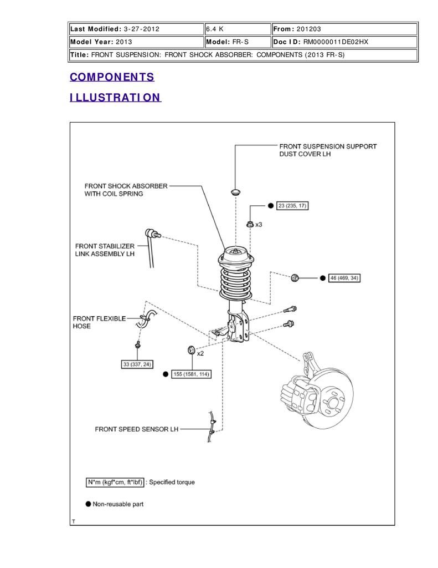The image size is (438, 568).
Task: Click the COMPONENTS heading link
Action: (112, 77)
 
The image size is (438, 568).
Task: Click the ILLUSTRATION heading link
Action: (115, 98)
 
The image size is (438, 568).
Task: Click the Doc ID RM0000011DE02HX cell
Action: (344, 42)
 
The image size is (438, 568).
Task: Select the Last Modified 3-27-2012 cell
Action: (136, 29)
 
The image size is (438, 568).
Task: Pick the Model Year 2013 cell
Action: (136, 42)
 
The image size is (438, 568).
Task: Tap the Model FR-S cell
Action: (238, 42)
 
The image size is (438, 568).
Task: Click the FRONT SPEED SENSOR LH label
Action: (137, 429)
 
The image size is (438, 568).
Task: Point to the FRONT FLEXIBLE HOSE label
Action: (99, 322)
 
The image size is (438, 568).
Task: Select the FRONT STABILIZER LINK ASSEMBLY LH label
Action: (105, 250)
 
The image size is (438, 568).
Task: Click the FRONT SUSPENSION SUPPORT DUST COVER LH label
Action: (328, 150)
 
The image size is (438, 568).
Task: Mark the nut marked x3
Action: (250, 225)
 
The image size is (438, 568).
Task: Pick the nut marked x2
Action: (191, 351)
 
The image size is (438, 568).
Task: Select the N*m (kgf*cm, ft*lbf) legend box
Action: (115, 482)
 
